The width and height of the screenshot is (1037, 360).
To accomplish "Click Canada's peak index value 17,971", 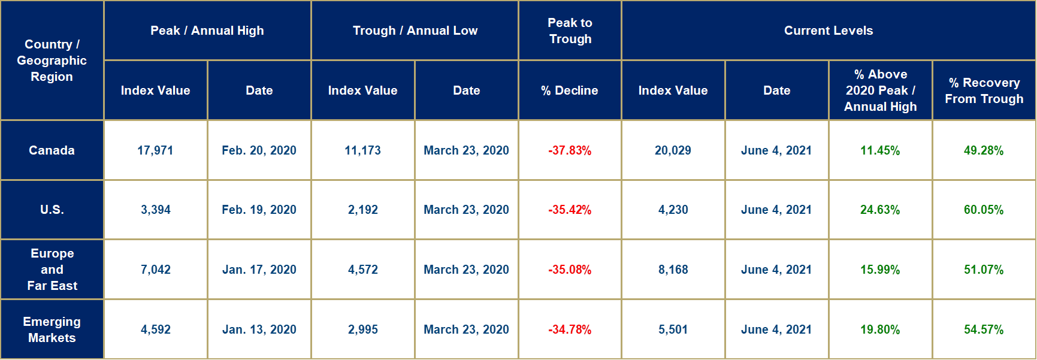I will click(x=155, y=150).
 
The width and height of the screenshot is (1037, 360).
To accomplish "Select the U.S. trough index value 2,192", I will click(x=362, y=210).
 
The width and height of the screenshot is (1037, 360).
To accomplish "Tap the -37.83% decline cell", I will click(x=569, y=150).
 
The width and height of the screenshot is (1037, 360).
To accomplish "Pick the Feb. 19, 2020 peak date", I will click(x=259, y=210).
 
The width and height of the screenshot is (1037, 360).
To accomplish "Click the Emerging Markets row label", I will click(x=52, y=329).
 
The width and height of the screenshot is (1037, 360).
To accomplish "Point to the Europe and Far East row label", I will click(x=52, y=270).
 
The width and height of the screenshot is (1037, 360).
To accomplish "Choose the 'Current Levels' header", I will click(x=828, y=31).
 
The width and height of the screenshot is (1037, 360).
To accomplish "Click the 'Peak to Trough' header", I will click(x=570, y=31).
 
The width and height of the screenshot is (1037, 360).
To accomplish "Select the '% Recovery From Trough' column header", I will click(x=984, y=90).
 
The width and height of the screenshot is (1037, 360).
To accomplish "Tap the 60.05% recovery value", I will click(x=983, y=210).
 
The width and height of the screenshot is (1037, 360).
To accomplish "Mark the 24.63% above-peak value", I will click(x=879, y=210).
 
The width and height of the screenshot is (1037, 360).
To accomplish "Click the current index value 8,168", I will click(x=673, y=270).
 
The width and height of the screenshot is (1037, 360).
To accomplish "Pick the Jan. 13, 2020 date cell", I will click(x=259, y=329).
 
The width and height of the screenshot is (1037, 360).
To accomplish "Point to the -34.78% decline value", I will click(x=569, y=329).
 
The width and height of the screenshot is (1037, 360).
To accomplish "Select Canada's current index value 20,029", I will click(x=673, y=150).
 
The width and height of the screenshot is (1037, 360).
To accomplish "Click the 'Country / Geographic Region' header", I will click(x=52, y=60).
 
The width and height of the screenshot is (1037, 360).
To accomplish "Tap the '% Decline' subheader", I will click(x=569, y=90).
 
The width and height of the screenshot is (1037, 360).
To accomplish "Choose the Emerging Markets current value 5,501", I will click(x=673, y=329).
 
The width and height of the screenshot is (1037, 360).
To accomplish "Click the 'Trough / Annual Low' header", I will click(x=415, y=31).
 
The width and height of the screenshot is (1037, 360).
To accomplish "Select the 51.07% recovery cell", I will click(x=983, y=270).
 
